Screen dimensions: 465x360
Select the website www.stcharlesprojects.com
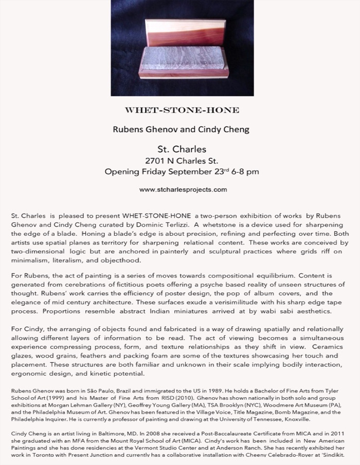click(183, 190)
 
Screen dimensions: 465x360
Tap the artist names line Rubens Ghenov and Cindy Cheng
click(181, 129)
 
